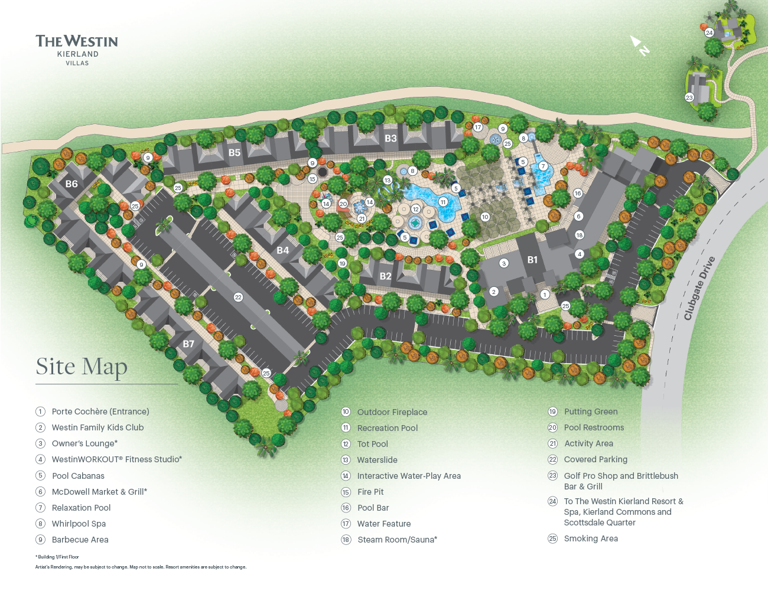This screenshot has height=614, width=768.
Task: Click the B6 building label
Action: click(x=71, y=184)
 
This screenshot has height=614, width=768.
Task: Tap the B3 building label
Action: click(x=390, y=138)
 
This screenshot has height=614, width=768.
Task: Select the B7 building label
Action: click(x=188, y=344)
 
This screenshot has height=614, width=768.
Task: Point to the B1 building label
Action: click(x=532, y=260)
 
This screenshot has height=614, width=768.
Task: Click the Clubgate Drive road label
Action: click(x=699, y=289)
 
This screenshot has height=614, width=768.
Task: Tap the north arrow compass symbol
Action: click(x=639, y=45)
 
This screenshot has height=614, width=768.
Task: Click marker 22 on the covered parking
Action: click(x=238, y=297)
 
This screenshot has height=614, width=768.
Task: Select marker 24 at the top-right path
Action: click(x=709, y=32)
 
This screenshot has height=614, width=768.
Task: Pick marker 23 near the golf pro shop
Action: click(x=689, y=97)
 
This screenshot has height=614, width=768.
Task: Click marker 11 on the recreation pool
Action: click(x=443, y=202)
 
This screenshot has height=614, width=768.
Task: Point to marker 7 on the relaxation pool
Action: click(x=543, y=166)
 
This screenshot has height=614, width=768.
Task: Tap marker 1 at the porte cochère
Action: click(x=545, y=294)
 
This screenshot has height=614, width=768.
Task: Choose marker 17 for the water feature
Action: click(x=478, y=127)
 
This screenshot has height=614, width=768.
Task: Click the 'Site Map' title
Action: click(x=82, y=367)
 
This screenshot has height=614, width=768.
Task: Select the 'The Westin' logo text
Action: click(x=77, y=41)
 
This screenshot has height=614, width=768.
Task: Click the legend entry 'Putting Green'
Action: click(x=590, y=411)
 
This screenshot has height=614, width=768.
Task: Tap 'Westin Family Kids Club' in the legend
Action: click(x=97, y=427)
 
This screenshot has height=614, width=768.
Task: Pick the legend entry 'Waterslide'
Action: click(x=377, y=460)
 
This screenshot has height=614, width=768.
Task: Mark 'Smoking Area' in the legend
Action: click(x=590, y=538)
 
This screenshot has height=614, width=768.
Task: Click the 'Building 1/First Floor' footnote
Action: click(x=57, y=557)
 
